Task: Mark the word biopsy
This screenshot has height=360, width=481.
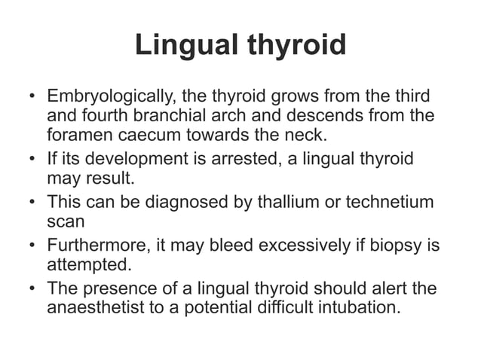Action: pyautogui.click(x=375, y=246)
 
